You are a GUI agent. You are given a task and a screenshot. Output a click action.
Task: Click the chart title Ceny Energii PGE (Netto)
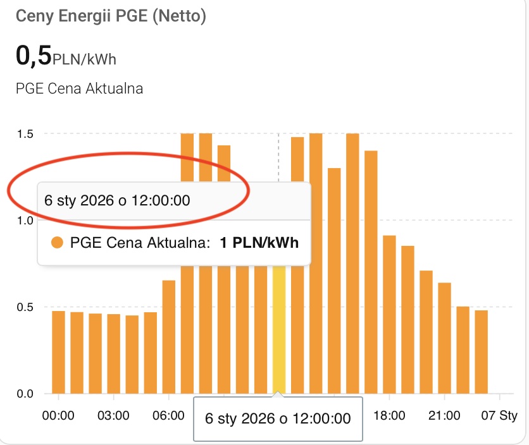coord(111,16)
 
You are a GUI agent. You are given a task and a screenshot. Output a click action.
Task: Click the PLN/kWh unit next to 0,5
coord(85,59)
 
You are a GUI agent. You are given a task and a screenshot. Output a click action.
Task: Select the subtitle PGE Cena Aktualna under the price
coord(79,88)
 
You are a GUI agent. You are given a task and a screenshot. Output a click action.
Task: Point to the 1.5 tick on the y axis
coord(25,133)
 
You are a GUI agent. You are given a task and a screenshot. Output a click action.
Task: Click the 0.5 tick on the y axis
coord(25,307)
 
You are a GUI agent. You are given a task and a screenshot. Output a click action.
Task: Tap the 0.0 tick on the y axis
coord(25,394)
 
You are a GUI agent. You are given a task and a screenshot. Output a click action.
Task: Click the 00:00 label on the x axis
coord(58,415)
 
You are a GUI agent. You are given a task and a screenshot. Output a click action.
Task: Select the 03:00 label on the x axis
coord(114,415)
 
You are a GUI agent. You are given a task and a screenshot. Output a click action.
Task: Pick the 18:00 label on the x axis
coord(389,415)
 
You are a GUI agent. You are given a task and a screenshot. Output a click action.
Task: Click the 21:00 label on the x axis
coord(444,415)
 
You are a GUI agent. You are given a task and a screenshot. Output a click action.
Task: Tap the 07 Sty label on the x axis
coord(499,415)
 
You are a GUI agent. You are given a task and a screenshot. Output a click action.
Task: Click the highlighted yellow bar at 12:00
coord(278,335)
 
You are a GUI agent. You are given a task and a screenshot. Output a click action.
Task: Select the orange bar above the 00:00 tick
coord(59,351)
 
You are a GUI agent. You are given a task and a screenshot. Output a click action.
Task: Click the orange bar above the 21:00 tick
coord(445,338)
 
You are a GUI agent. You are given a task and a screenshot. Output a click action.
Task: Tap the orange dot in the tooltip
coord(58,243)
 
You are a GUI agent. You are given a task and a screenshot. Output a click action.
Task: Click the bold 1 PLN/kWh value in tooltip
coord(259,243)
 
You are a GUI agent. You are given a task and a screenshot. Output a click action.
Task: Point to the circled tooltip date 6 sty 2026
coord(117,200)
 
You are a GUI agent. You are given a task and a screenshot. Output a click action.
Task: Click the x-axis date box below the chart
coord(278,418)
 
